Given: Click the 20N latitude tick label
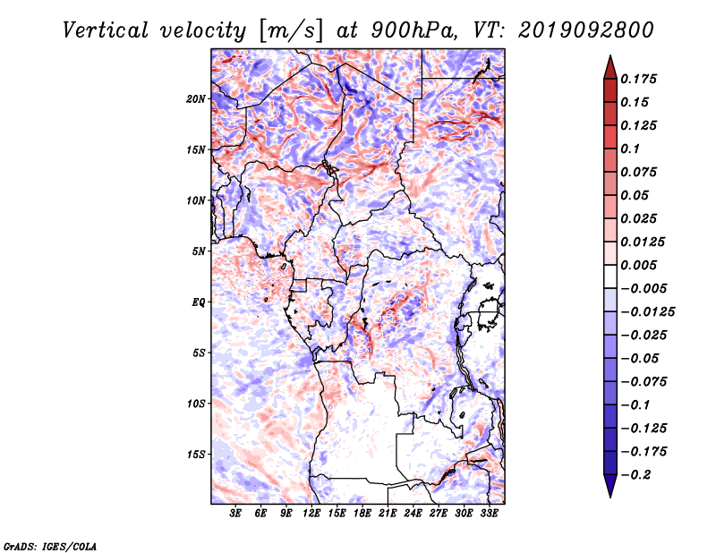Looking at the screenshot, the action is [196, 99].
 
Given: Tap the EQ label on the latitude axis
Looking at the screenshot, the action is [199, 302].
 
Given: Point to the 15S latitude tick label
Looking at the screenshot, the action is [196, 455].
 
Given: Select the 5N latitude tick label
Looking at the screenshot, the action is [199, 251].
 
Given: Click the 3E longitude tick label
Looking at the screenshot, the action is [235, 514].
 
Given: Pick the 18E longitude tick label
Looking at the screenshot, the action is [362, 514].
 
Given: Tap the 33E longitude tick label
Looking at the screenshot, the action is [489, 514].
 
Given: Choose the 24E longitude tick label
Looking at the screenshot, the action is [413, 514].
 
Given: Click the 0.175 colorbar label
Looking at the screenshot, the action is [638, 79].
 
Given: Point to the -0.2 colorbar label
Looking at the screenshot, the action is [635, 475].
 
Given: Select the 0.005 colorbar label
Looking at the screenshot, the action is [638, 265].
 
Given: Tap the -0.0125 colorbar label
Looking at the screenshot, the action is [647, 312].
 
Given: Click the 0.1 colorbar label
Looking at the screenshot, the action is [630, 149].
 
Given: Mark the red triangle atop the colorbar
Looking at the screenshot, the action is [610, 68].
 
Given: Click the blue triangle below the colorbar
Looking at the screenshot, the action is [610, 486].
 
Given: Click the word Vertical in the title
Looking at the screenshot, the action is [106, 30].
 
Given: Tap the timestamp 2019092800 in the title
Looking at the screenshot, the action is [586, 30].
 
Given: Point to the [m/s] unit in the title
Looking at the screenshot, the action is [291, 31].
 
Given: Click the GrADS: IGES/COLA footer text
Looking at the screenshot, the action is [50, 546].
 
